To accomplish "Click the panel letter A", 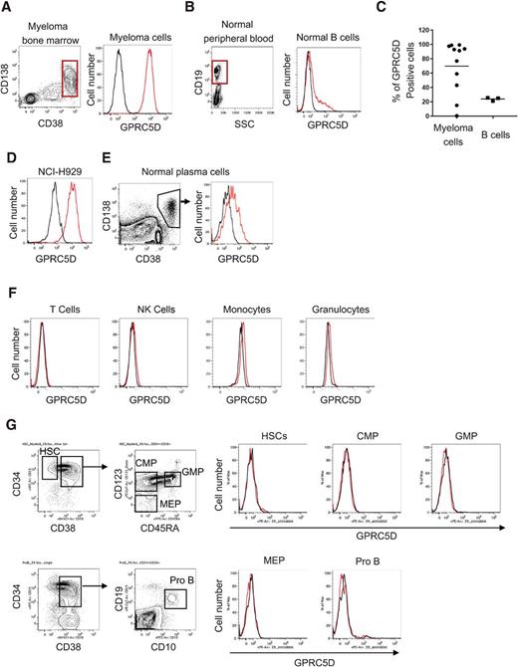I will point(7,8).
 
